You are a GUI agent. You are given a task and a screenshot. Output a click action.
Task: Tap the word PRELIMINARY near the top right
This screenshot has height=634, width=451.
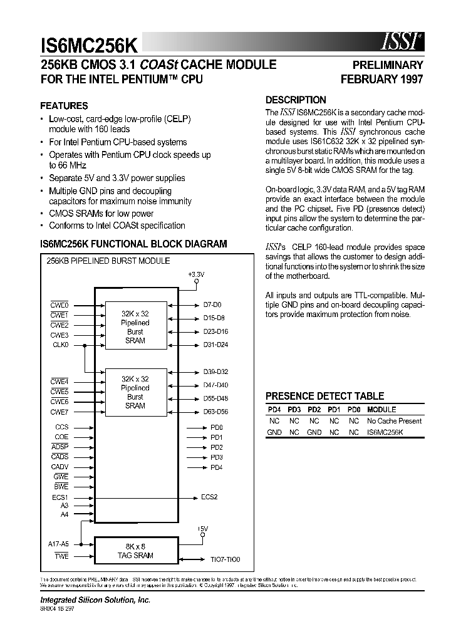pyautogui.click(x=388, y=65)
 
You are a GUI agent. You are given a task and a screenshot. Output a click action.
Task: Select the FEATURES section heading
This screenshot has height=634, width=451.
pyautogui.click(x=64, y=106)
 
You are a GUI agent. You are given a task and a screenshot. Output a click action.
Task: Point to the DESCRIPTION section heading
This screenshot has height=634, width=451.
pyautogui.click(x=296, y=100)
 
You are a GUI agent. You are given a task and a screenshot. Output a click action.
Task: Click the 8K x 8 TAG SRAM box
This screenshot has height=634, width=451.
pyautogui.click(x=135, y=551)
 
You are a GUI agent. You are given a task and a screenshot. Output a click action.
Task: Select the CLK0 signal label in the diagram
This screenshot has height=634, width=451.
pyautogui.click(x=60, y=345)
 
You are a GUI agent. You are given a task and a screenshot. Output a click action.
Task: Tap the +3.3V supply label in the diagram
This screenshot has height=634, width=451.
pyautogui.click(x=196, y=274)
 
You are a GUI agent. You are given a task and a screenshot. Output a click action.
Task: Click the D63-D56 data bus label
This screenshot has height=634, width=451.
pyautogui.click(x=215, y=412)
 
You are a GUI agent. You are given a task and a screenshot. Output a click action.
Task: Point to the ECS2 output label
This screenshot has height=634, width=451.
pyautogui.click(x=209, y=497)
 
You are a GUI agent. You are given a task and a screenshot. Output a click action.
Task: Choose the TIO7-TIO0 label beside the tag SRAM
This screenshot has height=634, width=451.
pyautogui.click(x=225, y=559)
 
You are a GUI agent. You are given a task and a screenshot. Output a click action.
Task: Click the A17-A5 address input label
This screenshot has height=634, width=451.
pyautogui.click(x=58, y=544)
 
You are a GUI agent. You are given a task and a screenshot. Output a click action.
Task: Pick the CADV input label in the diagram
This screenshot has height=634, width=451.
pyautogui.click(x=60, y=467)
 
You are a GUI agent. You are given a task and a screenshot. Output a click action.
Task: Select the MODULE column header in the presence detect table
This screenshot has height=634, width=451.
pyautogui.click(x=381, y=410)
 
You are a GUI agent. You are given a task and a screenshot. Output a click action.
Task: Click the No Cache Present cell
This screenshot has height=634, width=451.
pyautogui.click(x=395, y=421)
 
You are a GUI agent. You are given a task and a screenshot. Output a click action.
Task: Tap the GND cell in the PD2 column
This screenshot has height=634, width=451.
pyautogui.click(x=314, y=432)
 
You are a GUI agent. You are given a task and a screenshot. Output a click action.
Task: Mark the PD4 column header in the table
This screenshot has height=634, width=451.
pyautogui.click(x=274, y=410)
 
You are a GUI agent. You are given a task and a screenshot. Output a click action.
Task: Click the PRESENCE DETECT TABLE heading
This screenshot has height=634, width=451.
pyautogui.click(x=324, y=396)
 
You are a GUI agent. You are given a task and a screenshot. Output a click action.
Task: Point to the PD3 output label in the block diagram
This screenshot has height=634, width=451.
pyautogui.click(x=217, y=457)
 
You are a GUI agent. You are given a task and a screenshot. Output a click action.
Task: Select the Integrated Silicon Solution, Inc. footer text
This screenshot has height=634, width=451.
pyautogui.click(x=95, y=600)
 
